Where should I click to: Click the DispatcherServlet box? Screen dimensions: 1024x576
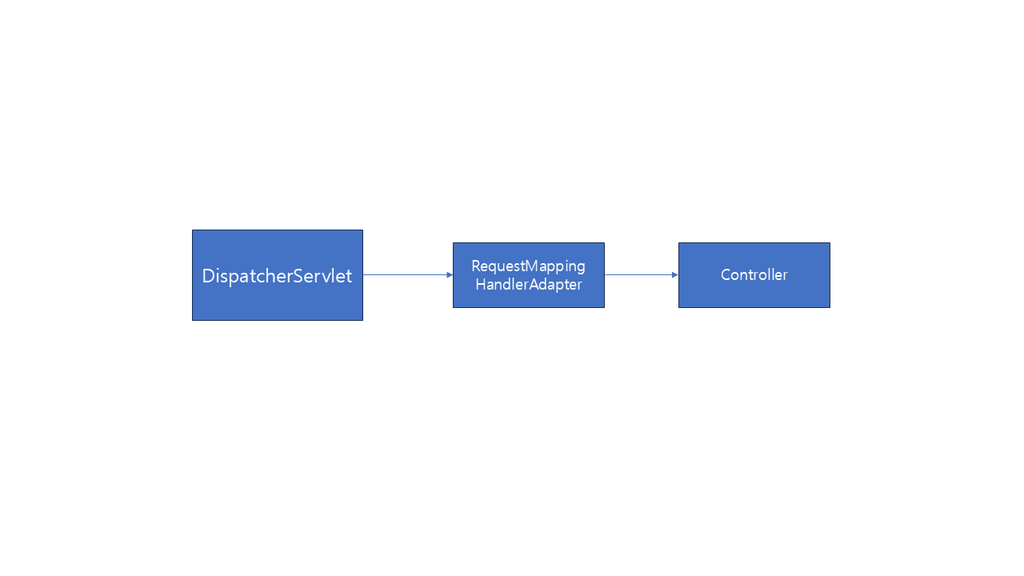(278, 275)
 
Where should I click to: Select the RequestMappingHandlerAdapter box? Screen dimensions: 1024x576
(529, 275)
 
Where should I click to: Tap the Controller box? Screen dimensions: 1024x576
(754, 275)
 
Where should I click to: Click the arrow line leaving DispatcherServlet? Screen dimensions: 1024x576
(408, 274)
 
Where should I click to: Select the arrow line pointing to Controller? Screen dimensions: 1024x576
(642, 274)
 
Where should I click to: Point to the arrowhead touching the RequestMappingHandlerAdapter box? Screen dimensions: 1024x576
(450, 274)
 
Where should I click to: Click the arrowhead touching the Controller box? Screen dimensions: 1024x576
(675, 274)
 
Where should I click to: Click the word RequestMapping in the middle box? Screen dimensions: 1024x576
(529, 266)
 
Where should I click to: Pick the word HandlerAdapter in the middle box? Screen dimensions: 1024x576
(529, 284)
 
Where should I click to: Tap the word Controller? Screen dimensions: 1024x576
(754, 274)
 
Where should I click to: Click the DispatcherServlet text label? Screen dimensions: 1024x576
(277, 276)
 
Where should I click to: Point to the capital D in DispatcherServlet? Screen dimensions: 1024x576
(209, 276)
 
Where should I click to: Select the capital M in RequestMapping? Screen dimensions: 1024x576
(533, 266)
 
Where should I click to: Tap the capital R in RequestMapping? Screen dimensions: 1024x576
(476, 266)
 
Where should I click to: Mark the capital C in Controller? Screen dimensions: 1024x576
(726, 274)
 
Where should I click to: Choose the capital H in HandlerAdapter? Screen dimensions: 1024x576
(481, 284)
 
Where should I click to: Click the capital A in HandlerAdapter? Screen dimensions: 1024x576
(534, 284)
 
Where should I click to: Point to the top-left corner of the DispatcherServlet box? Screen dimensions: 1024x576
(193, 230)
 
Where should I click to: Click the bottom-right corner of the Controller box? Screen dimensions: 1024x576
(830, 308)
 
